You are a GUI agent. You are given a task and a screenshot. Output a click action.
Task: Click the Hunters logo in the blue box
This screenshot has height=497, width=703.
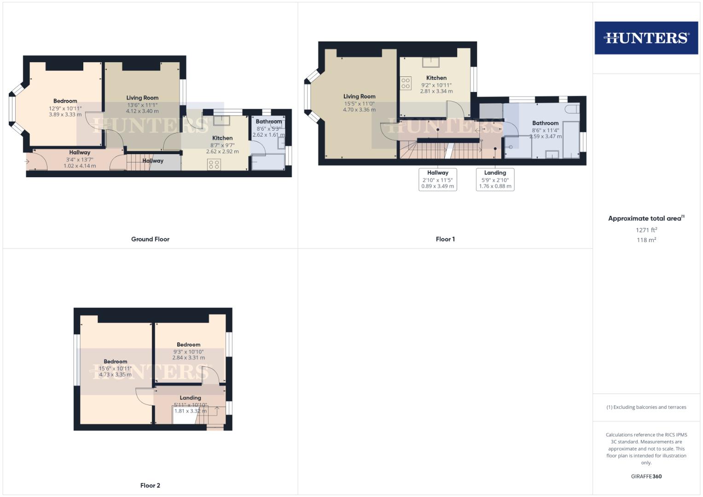tap(646, 38)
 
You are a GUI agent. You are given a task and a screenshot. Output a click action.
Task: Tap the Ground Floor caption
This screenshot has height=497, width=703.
tap(150, 239)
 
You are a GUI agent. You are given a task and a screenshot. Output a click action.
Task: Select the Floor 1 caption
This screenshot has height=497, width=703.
tap(445, 239)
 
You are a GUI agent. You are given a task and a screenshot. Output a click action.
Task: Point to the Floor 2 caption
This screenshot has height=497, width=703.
tap(150, 485)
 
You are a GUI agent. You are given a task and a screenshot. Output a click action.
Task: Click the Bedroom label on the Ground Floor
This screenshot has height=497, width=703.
tap(65, 101)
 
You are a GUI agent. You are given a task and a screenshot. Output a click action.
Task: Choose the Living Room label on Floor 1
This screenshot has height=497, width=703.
tap(359, 97)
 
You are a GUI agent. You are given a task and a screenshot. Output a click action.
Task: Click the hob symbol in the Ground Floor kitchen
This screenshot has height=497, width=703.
tap(214, 164)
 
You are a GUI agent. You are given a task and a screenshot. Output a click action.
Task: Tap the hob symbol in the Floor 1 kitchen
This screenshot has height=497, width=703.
tap(406, 83)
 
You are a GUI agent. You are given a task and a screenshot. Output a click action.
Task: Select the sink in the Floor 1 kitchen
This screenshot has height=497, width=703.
tap(431, 61)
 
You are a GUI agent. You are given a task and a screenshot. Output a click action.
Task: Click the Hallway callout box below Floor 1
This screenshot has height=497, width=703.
tap(437, 179)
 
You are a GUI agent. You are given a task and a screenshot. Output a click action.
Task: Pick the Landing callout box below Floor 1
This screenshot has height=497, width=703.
tap(495, 179)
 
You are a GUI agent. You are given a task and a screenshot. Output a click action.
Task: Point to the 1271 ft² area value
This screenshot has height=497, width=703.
tap(646, 230)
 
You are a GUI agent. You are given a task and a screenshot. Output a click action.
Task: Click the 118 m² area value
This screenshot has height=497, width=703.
tap(646, 240)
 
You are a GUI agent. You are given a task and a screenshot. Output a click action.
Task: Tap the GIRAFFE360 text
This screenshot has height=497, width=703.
tap(646, 476)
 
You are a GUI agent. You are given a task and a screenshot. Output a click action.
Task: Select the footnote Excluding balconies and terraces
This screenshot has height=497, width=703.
tap(646, 407)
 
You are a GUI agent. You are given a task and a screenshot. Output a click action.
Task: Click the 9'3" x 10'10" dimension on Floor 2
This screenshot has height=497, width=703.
tap(189, 352)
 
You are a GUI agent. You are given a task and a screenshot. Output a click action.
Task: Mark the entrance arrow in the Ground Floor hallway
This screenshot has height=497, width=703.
tap(27, 162)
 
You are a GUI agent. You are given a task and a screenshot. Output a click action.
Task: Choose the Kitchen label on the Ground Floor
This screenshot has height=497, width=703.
tap(222, 138)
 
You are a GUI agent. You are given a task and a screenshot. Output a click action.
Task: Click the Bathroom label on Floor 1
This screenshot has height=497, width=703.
tap(545, 123)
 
